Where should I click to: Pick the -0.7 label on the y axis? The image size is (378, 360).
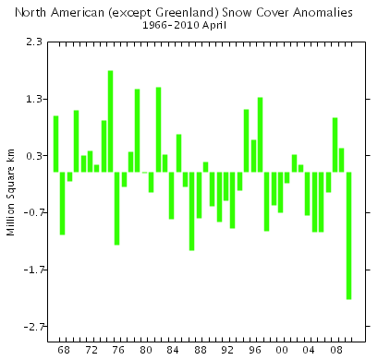31,212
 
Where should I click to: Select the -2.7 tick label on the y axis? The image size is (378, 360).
31,326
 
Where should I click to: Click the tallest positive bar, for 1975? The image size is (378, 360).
111,121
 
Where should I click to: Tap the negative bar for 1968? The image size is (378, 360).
63,203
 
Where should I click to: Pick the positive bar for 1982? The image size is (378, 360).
158,129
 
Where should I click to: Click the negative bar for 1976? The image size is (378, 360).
117,208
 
